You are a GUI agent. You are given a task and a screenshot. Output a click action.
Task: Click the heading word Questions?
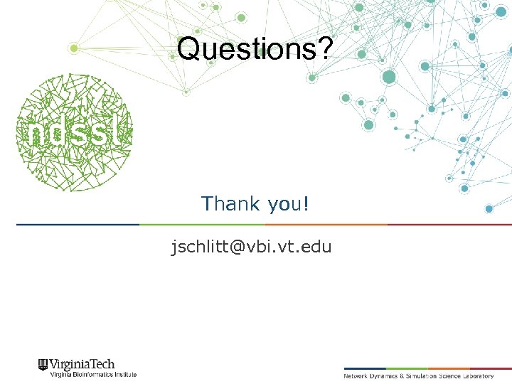254,49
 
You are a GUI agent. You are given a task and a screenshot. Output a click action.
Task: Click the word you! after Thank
289,205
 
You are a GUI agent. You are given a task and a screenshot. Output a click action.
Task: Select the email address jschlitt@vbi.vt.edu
251,247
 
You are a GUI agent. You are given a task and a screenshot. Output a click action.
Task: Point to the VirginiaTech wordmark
82,364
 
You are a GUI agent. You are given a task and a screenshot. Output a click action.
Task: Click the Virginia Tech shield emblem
43,366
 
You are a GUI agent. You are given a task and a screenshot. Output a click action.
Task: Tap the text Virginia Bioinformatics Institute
92,374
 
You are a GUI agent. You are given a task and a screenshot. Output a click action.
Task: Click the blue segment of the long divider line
78,225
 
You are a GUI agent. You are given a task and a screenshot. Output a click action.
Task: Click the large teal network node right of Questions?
388,77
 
